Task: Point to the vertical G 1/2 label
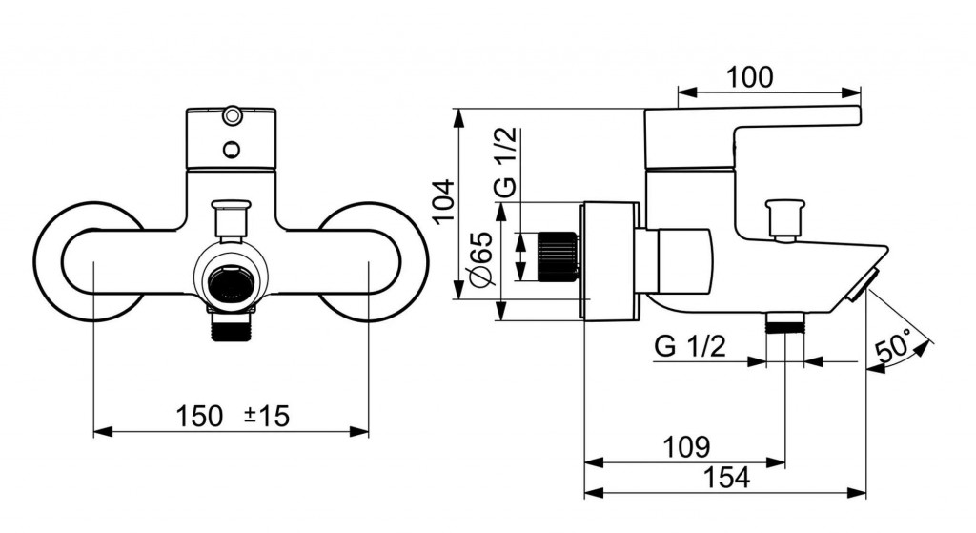point(507,164)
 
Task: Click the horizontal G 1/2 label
point(690,346)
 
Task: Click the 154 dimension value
point(728,478)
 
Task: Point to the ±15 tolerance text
point(267,416)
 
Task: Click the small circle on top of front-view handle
point(232,117)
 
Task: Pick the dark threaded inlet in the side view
point(558,255)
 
